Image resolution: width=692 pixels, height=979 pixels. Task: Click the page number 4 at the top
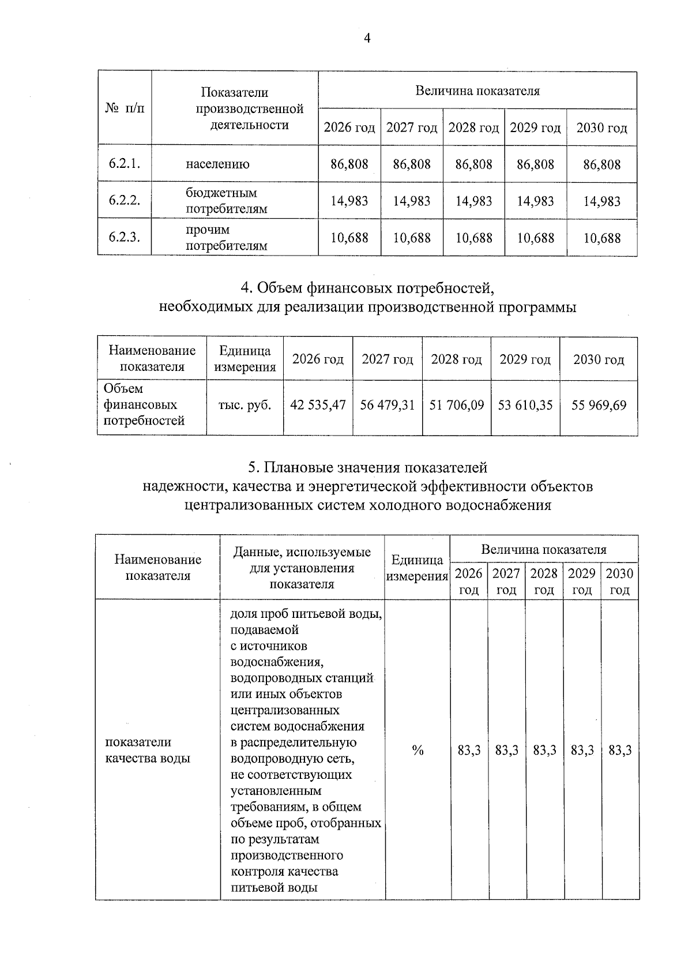pos(367,39)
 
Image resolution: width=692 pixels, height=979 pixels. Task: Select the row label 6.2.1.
pos(125,164)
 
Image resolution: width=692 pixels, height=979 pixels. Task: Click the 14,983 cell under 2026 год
pos(349,201)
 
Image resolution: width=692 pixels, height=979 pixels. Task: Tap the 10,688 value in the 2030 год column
pos(601,238)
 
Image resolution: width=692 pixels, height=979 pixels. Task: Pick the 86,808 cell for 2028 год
pos(473,164)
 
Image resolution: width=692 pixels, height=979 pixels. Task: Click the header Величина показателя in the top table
pos(477,91)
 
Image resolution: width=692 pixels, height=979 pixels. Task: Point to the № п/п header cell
pos(125,108)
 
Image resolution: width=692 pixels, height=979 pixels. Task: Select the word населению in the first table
pos(217,164)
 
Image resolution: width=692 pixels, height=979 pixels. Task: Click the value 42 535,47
pos(318,405)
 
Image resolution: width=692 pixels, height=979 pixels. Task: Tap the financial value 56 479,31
pos(387,405)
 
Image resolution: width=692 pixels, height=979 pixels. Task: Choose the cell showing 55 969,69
pos(599,405)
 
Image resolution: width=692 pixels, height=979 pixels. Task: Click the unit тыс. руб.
pos(245,405)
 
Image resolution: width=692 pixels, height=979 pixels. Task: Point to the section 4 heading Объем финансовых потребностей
pos(367,287)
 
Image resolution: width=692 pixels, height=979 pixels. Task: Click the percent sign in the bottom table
pos(418,750)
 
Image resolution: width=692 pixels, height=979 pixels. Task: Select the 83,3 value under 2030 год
pos(620,750)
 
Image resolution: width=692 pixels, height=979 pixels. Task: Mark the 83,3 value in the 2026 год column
pos(469,750)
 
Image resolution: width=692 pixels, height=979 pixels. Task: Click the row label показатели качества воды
pos(147,750)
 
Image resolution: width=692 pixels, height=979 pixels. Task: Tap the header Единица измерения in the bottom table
pos(417,568)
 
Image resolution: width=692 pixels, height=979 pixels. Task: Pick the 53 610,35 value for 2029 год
pos(525,405)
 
